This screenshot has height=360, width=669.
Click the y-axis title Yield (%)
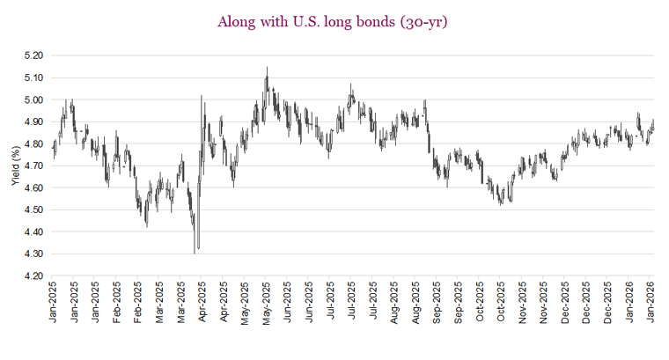click(14, 165)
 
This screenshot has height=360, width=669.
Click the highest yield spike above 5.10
click(267, 68)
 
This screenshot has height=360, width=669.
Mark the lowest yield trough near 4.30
click(195, 252)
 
